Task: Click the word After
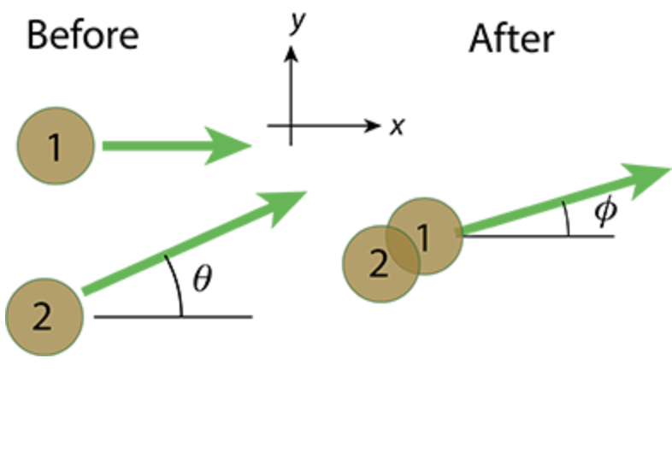pos(511,39)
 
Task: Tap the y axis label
pos(298,25)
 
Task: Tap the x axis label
pos(396,127)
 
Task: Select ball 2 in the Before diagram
pos(44,316)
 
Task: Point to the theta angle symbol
pos(202,280)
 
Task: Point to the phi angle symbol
pos(605,212)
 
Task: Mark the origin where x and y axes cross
pos(292,126)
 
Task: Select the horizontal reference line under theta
pos(214,317)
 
